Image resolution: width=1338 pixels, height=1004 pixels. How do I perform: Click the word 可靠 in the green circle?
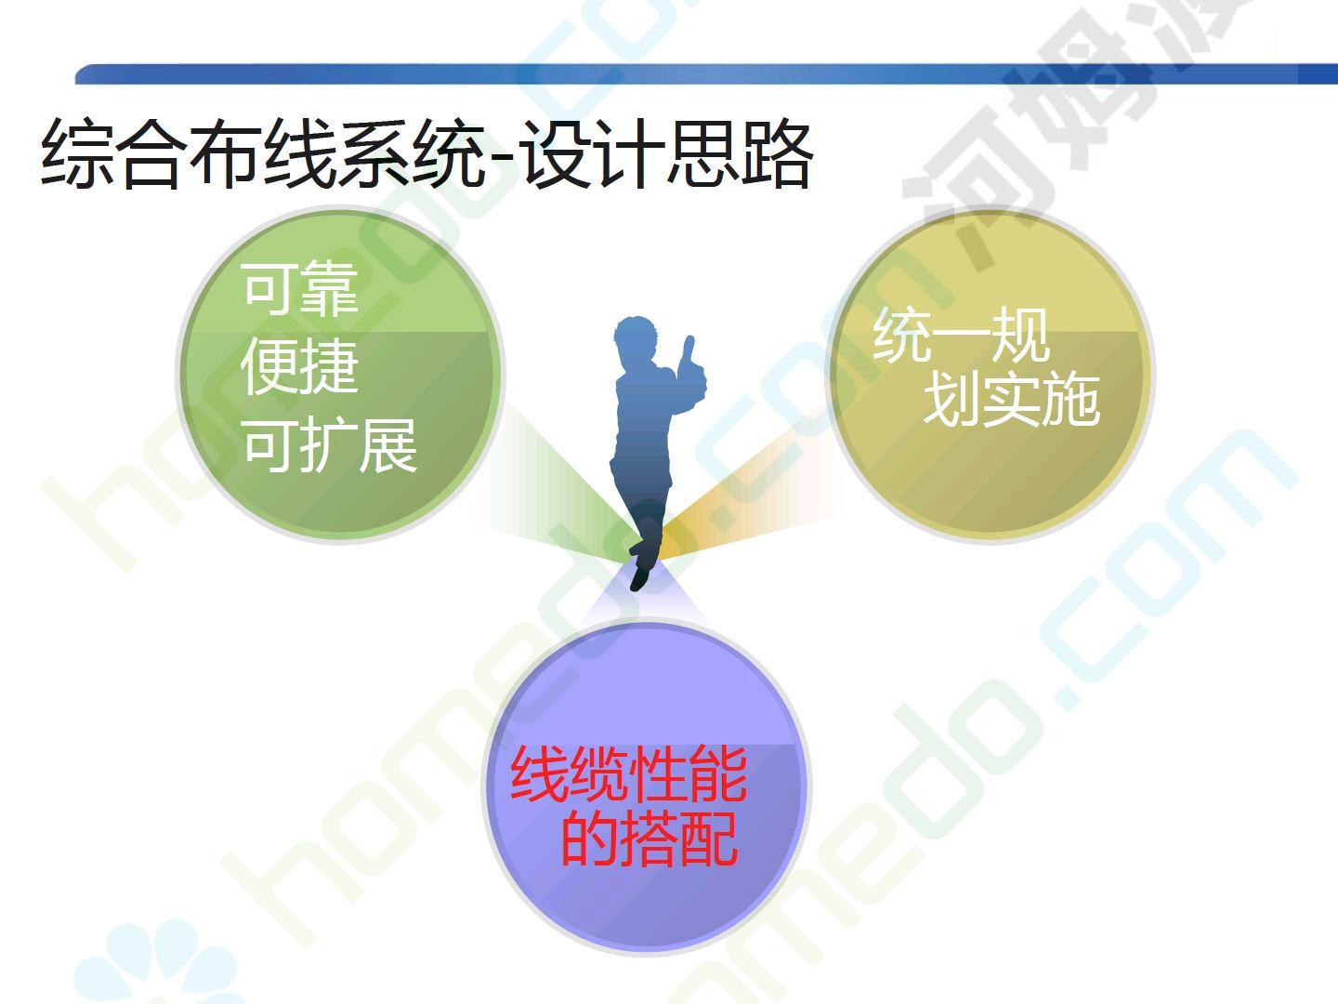300,289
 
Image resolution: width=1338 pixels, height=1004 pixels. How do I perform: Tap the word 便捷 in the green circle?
299,367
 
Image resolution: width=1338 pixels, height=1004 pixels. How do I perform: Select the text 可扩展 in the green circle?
330,445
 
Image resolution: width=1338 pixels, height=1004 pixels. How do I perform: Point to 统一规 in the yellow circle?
962,336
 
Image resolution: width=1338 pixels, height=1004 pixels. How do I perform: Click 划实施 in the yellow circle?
1012,400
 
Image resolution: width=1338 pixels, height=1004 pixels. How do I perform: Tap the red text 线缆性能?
628,774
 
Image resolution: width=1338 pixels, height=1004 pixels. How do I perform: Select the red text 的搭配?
649,839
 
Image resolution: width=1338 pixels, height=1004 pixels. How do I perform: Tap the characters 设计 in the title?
593,152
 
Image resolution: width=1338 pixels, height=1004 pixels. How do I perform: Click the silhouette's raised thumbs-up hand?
691,365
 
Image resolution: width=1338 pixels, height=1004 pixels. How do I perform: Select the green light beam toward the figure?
555,488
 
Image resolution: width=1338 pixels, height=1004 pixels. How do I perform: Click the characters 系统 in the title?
412,152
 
